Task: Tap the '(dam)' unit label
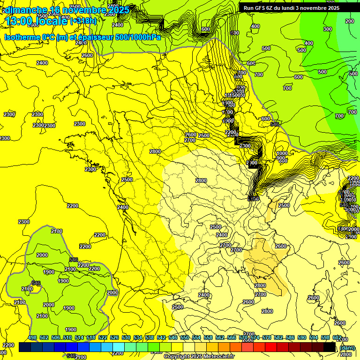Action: (347, 347)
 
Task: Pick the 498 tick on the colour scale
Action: (32, 338)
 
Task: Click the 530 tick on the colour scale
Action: (126, 338)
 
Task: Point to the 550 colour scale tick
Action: (185, 338)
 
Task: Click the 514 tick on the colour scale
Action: (79, 338)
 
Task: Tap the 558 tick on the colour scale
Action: (208, 338)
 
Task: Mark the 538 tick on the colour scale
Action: (150, 338)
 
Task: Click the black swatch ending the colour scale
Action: (330, 347)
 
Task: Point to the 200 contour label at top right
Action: (350, 21)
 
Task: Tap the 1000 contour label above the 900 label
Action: (282, 154)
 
